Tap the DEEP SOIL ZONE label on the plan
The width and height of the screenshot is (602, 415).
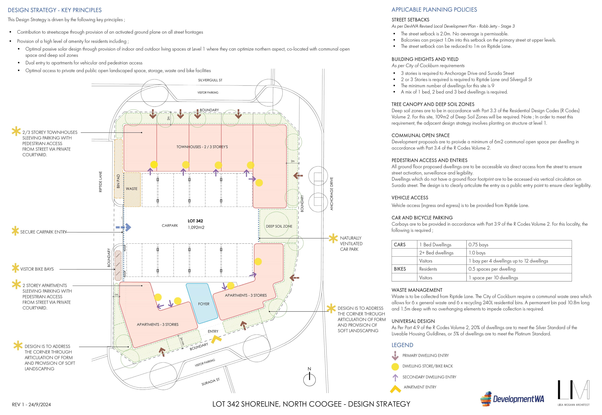coord(279,226)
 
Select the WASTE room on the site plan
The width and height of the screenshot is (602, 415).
coord(132,189)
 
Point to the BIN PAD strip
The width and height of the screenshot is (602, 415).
coord(119,168)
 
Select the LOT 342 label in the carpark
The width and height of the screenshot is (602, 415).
coord(195,221)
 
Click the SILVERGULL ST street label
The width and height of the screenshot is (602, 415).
coord(210,80)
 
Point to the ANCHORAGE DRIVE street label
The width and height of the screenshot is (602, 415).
coord(332,193)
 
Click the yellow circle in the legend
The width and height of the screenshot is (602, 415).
coord(395,367)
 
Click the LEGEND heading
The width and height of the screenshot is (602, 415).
coord(402,345)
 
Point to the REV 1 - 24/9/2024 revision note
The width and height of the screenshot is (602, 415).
coord(32,405)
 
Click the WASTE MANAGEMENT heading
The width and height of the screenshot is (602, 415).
coord(417,290)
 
